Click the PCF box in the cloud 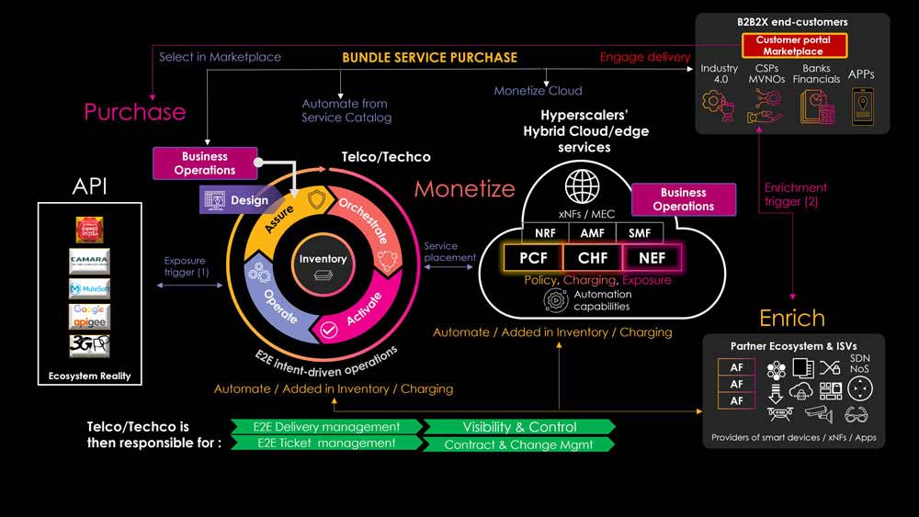coord(533,258)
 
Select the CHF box coord(593,258)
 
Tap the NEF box coord(651,258)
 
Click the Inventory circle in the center coord(323,265)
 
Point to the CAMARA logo coord(89,260)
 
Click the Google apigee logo coord(89,316)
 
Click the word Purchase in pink coord(134,112)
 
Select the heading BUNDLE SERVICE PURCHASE coord(429,57)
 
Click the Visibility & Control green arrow coord(519,427)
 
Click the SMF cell coord(639,233)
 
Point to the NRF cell coord(546,233)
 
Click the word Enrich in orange coord(791,318)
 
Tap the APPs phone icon coord(862,106)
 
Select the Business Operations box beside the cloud coord(683,199)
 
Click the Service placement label coord(450,252)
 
